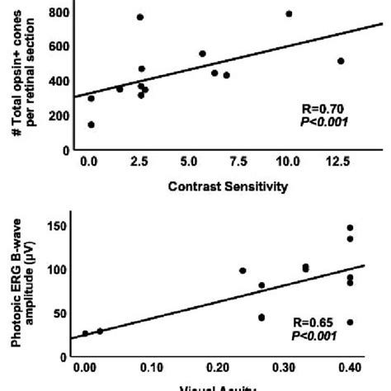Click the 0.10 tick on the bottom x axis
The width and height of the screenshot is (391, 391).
pyautogui.click(x=149, y=370)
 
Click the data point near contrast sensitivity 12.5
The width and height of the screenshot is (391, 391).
pyautogui.click(x=341, y=61)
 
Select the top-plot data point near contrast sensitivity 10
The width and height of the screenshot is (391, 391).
pyautogui.click(x=289, y=14)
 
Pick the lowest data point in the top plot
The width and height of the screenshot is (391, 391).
pyautogui.click(x=91, y=125)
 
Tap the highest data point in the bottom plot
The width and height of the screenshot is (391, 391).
pyautogui.click(x=350, y=228)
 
